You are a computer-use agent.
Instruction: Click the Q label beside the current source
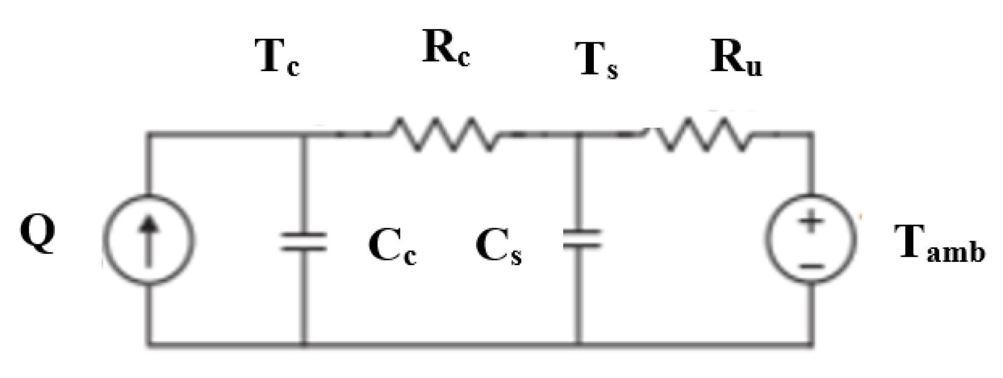38,234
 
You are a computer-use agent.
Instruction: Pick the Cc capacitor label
392,248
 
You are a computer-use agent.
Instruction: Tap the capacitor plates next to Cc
304,242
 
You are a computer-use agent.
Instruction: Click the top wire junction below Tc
304,135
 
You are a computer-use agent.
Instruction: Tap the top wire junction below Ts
580,135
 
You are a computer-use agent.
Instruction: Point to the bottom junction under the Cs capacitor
580,343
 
